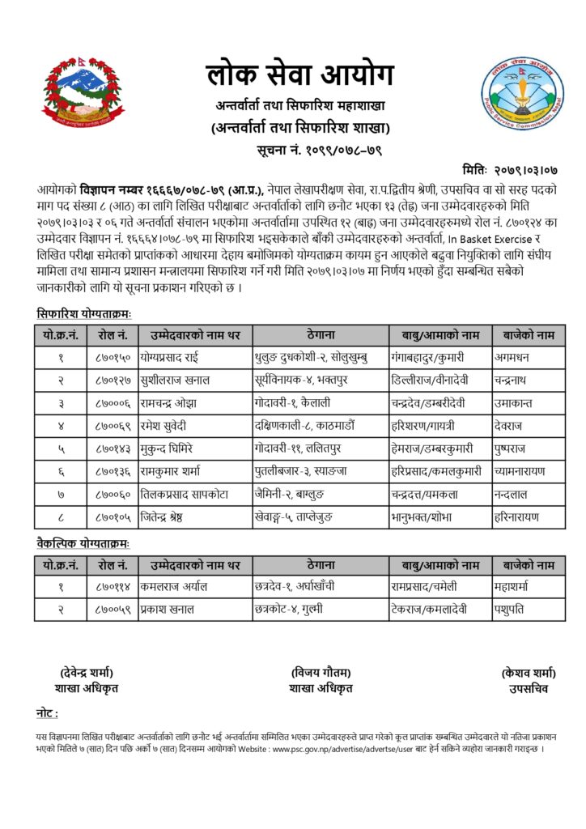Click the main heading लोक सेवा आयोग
[299, 76]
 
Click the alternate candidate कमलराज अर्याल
[173, 586]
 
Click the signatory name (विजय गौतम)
[321, 672]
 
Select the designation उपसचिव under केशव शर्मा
[529, 689]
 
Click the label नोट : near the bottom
[47, 714]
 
